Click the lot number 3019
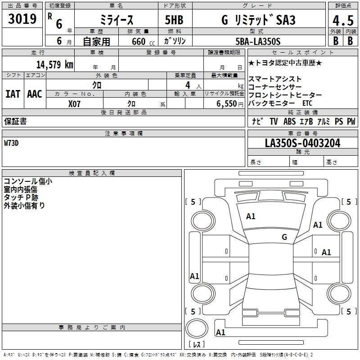tap(22, 18)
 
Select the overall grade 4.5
tap(343, 20)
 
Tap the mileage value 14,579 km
tap(54, 64)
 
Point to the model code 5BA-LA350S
tap(258, 41)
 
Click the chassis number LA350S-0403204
tap(302, 143)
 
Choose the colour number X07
tap(74, 104)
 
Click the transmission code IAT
tap(13, 94)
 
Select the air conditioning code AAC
tap(35, 94)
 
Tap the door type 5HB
tap(174, 20)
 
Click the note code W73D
tap(11, 143)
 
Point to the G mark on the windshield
tap(284, 237)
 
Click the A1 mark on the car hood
tap(251, 216)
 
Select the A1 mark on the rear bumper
tap(220, 332)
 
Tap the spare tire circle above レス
tap(197, 328)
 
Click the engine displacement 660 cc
tap(143, 41)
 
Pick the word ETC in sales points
tap(307, 103)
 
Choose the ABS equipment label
tap(289, 121)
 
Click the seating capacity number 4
tap(188, 85)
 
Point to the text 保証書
tap(15, 121)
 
